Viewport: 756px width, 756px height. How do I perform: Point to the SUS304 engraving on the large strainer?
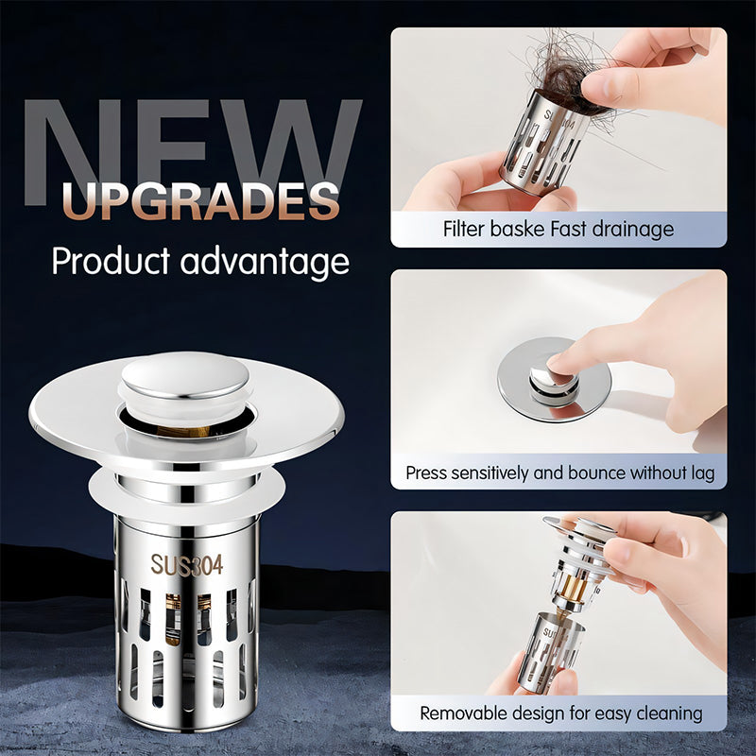pos(187,564)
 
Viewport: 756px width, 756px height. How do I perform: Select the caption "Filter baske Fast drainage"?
pos(558,229)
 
